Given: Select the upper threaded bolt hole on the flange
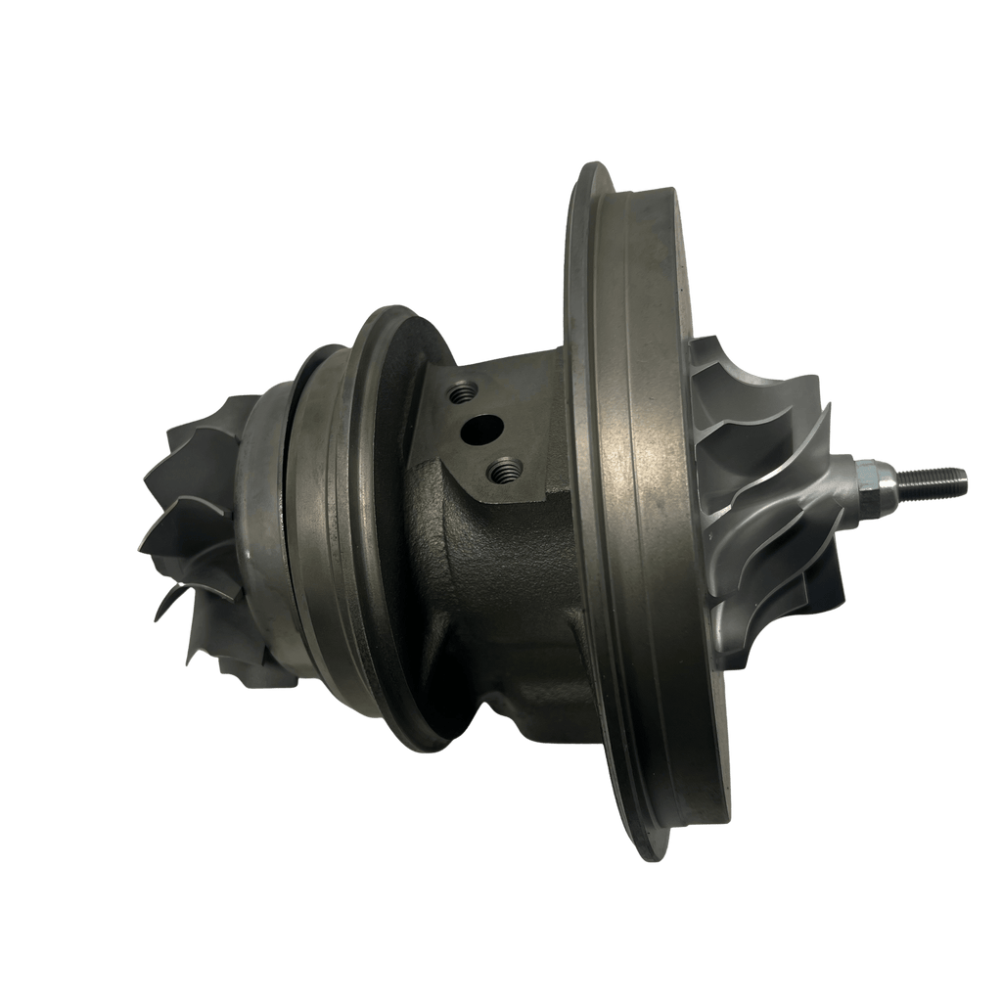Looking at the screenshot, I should coord(459,393).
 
